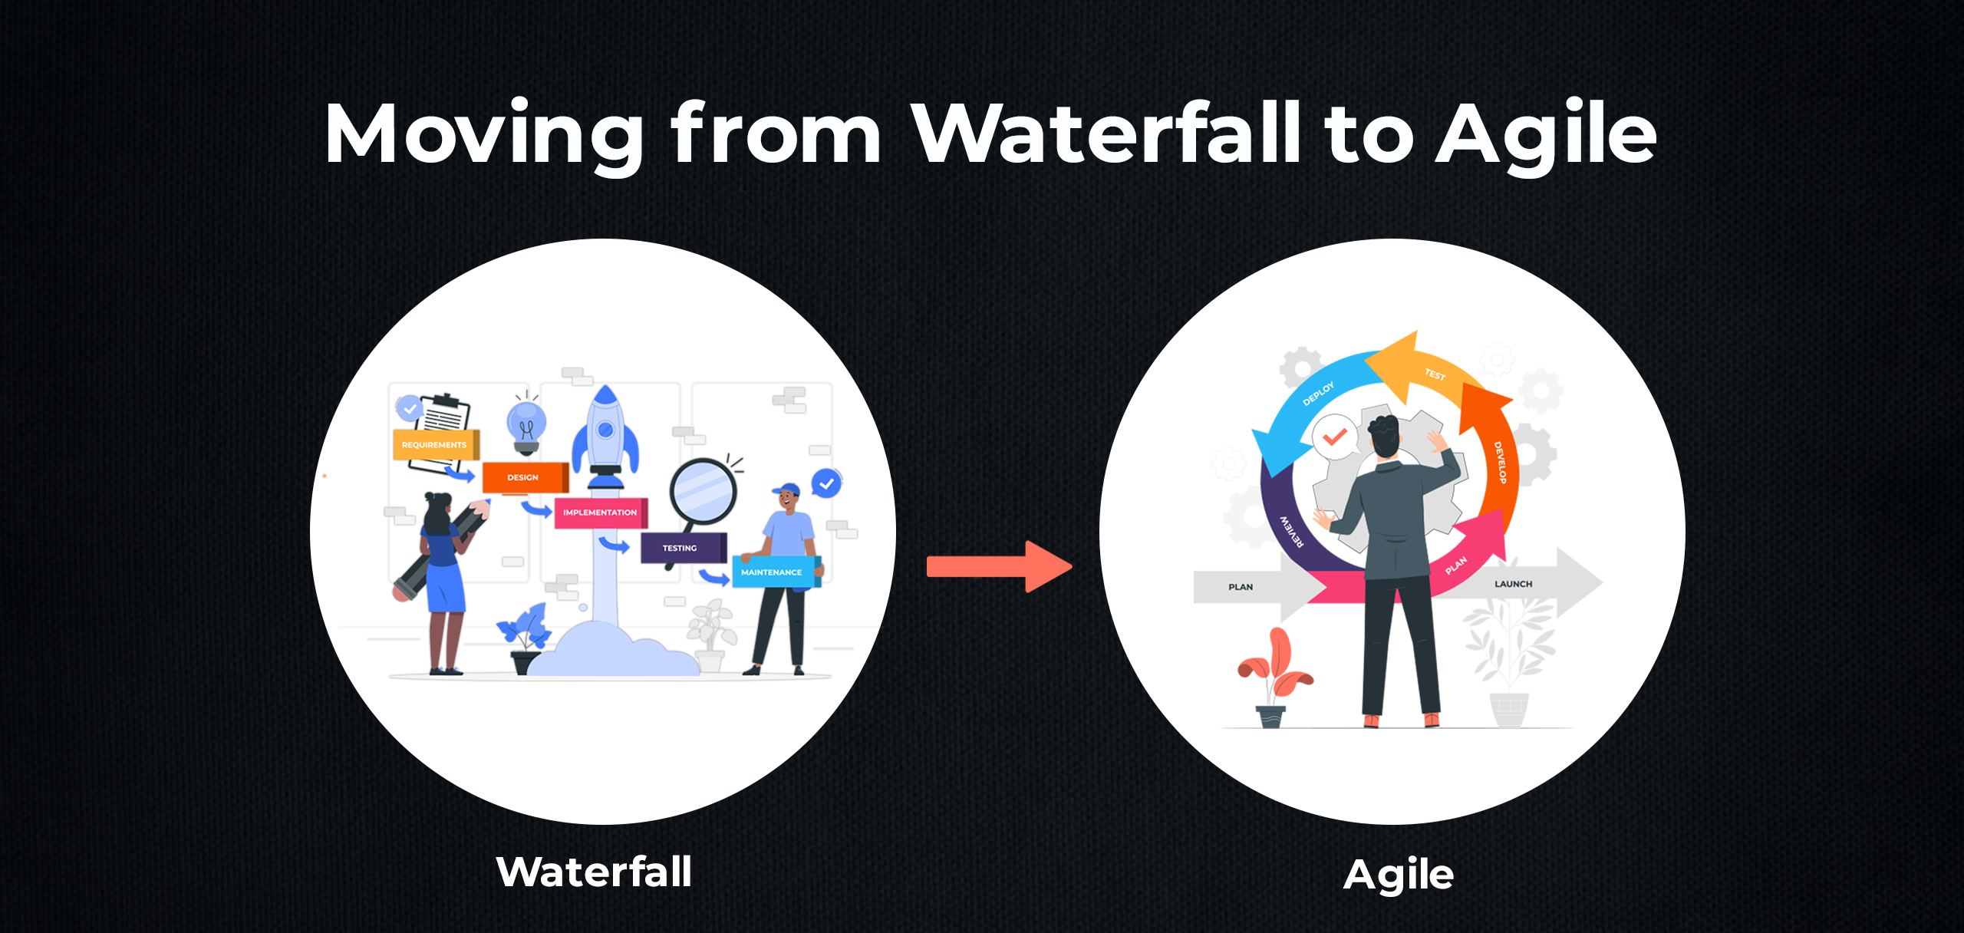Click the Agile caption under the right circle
tap(1399, 875)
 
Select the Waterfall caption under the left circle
tap(595, 872)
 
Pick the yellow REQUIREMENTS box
tap(436, 444)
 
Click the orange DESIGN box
tap(525, 477)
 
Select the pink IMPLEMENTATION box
tap(601, 513)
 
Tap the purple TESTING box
tap(683, 548)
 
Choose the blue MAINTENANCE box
tap(776, 572)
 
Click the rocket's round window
tap(605, 430)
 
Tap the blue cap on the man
tap(787, 489)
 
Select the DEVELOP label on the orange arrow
tap(1500, 462)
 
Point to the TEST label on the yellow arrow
tap(1435, 374)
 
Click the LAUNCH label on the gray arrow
tap(1513, 584)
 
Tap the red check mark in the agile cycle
tap(1335, 437)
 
